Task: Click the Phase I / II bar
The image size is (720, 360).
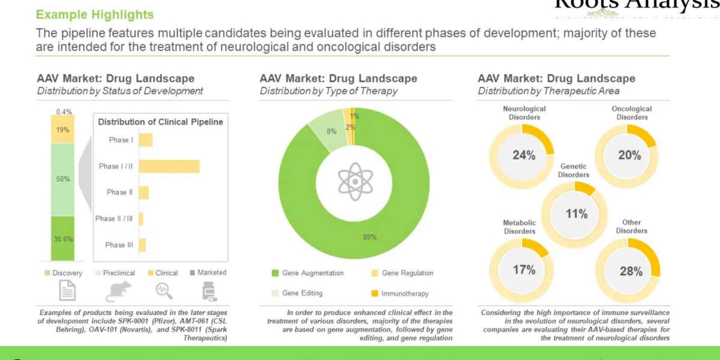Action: pyautogui.click(x=169, y=166)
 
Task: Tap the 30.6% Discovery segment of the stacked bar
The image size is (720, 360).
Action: pyautogui.click(x=62, y=238)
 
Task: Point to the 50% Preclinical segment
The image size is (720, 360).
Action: pyautogui.click(x=62, y=179)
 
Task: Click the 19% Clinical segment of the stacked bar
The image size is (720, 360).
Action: pyautogui.click(x=62, y=130)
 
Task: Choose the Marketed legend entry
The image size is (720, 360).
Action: pyautogui.click(x=208, y=272)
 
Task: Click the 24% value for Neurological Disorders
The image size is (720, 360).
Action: pyautogui.click(x=524, y=155)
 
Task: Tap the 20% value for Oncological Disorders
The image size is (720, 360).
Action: pyautogui.click(x=629, y=155)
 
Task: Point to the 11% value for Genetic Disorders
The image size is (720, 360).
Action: pyautogui.click(x=577, y=214)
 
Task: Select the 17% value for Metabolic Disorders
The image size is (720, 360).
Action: pyautogui.click(x=524, y=270)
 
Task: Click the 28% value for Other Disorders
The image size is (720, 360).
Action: pyautogui.click(x=631, y=271)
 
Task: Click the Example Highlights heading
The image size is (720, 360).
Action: pyautogui.click(x=95, y=14)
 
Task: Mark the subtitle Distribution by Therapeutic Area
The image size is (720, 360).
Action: pyautogui.click(x=548, y=91)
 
